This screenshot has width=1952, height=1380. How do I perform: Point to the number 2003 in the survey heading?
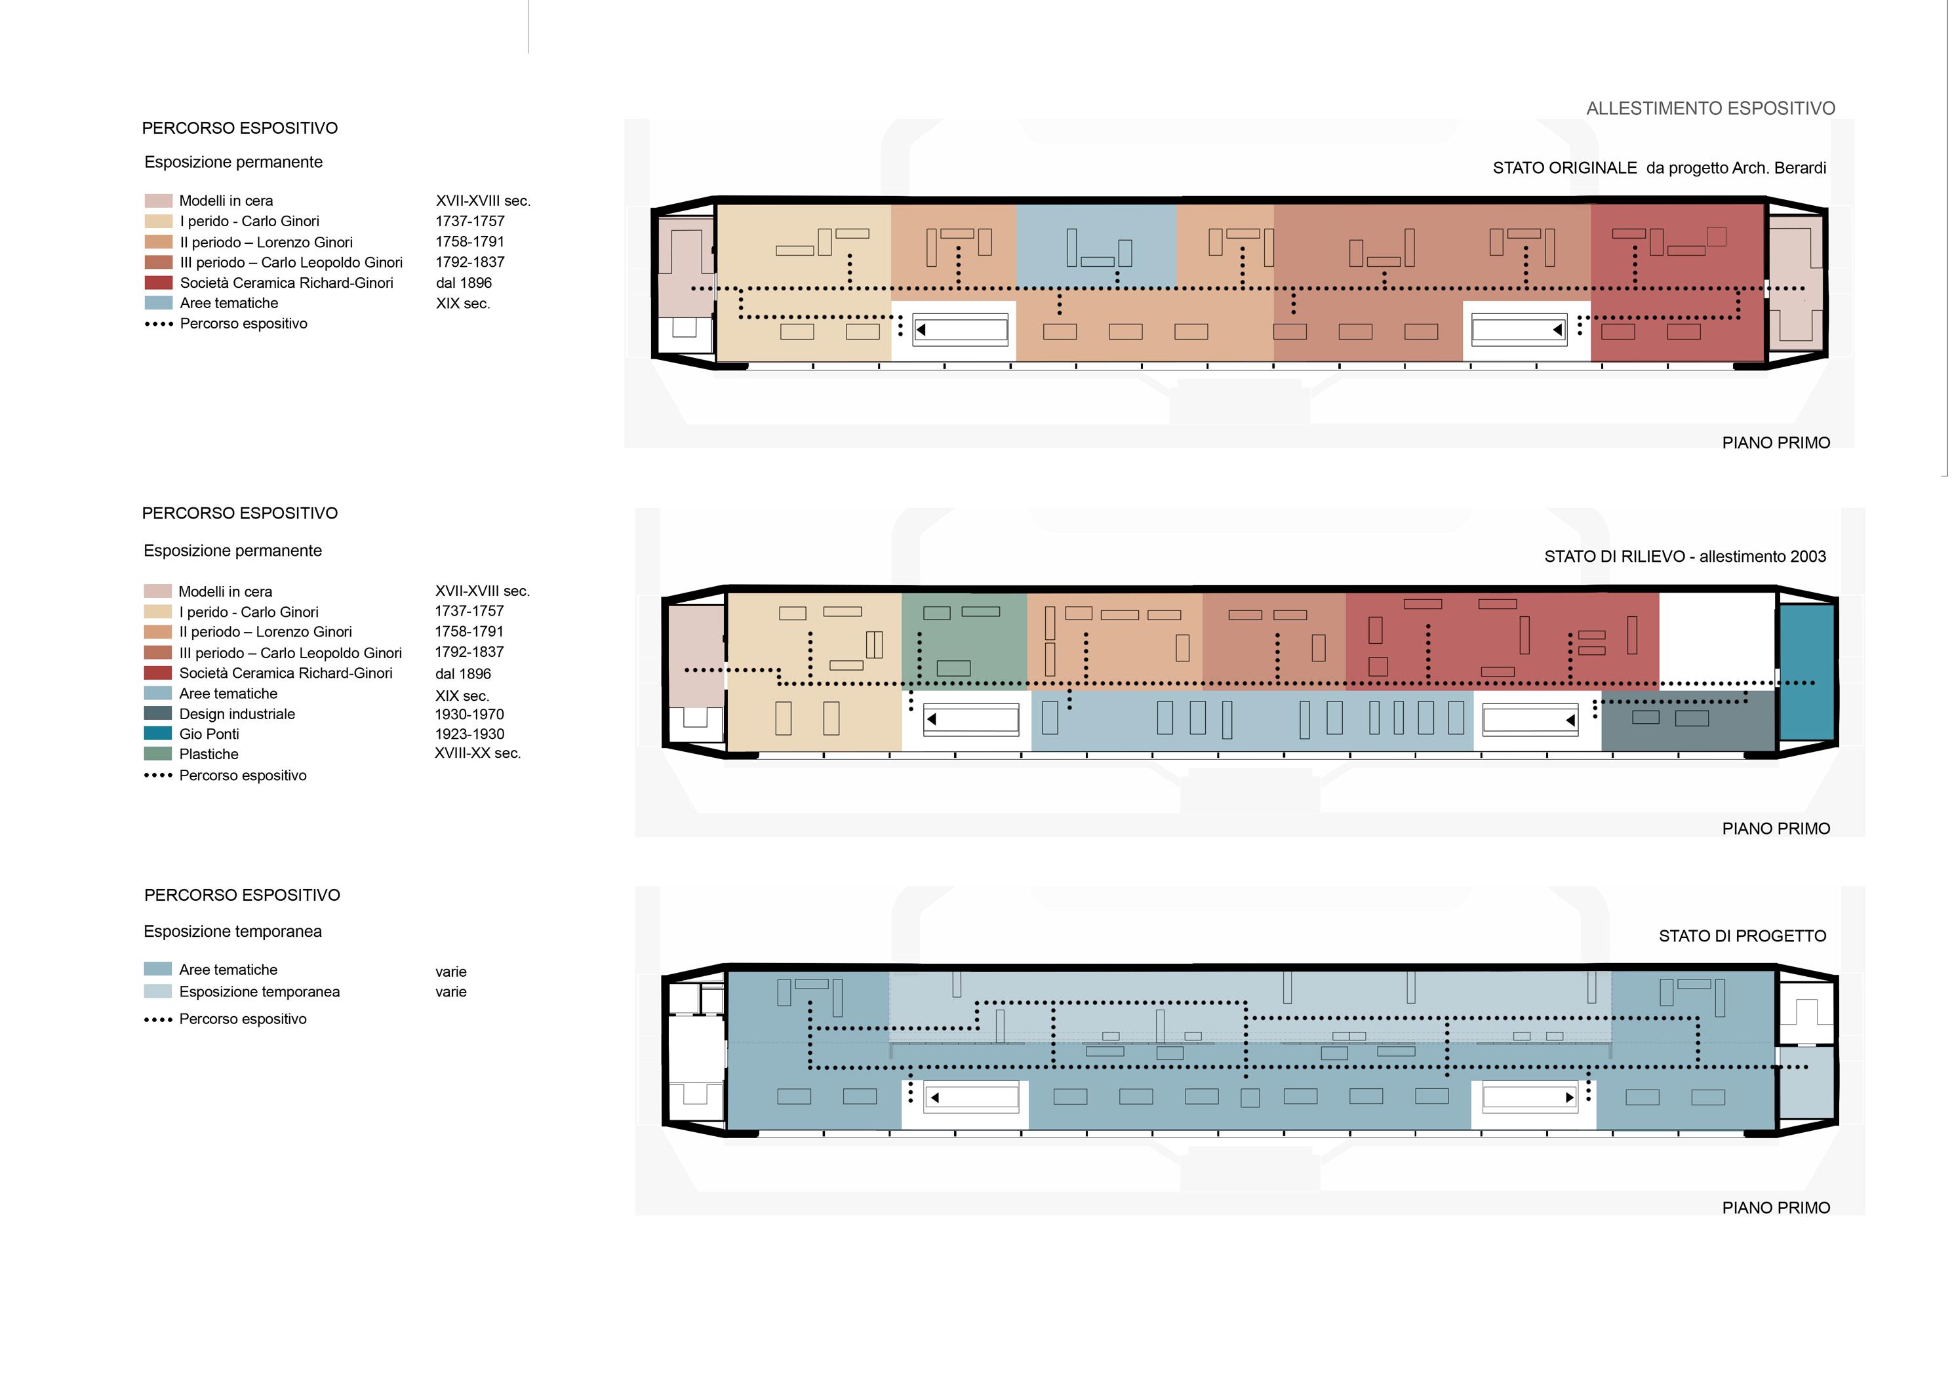(x=1806, y=557)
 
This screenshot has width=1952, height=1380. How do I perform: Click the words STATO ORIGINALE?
(x=1564, y=168)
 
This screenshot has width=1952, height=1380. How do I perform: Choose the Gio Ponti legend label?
(x=209, y=734)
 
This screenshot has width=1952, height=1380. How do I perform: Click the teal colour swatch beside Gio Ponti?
(x=158, y=734)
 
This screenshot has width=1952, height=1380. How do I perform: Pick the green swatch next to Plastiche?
(x=158, y=754)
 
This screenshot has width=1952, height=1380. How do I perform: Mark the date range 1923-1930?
(x=469, y=734)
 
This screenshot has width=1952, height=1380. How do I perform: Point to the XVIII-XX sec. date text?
(x=477, y=753)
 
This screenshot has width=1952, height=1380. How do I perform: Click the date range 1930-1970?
(x=469, y=714)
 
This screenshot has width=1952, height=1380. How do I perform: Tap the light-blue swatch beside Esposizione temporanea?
(x=158, y=991)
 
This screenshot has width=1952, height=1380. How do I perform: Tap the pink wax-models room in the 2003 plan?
(x=696, y=646)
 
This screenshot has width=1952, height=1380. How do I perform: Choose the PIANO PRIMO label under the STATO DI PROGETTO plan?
(x=1775, y=1208)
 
